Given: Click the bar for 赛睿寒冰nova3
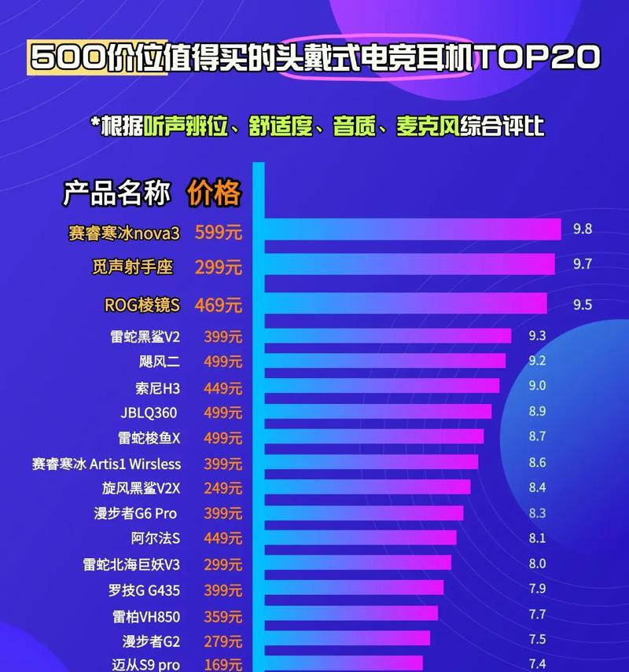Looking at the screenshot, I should [413, 230].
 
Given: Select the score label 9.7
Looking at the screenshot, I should [582, 264].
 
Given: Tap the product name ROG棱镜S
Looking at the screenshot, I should [142, 304].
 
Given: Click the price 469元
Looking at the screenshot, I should [219, 304].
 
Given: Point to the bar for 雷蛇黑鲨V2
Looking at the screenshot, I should [388, 336].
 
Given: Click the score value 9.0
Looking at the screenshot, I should [537, 386].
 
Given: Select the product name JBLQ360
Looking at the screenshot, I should [149, 413].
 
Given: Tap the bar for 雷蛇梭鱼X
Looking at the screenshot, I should [374, 436].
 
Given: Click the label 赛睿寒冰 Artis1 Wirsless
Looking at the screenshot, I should [106, 464].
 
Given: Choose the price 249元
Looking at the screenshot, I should [223, 488].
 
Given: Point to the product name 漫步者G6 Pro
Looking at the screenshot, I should [135, 513].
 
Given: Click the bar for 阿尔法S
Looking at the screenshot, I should [360, 538].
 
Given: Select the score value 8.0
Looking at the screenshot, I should [537, 564].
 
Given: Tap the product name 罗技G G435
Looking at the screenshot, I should [144, 589].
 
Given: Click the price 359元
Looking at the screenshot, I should [223, 615].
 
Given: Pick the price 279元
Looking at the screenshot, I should [223, 641].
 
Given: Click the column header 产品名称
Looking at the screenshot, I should [116, 193].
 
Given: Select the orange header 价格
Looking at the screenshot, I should [214, 193].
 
